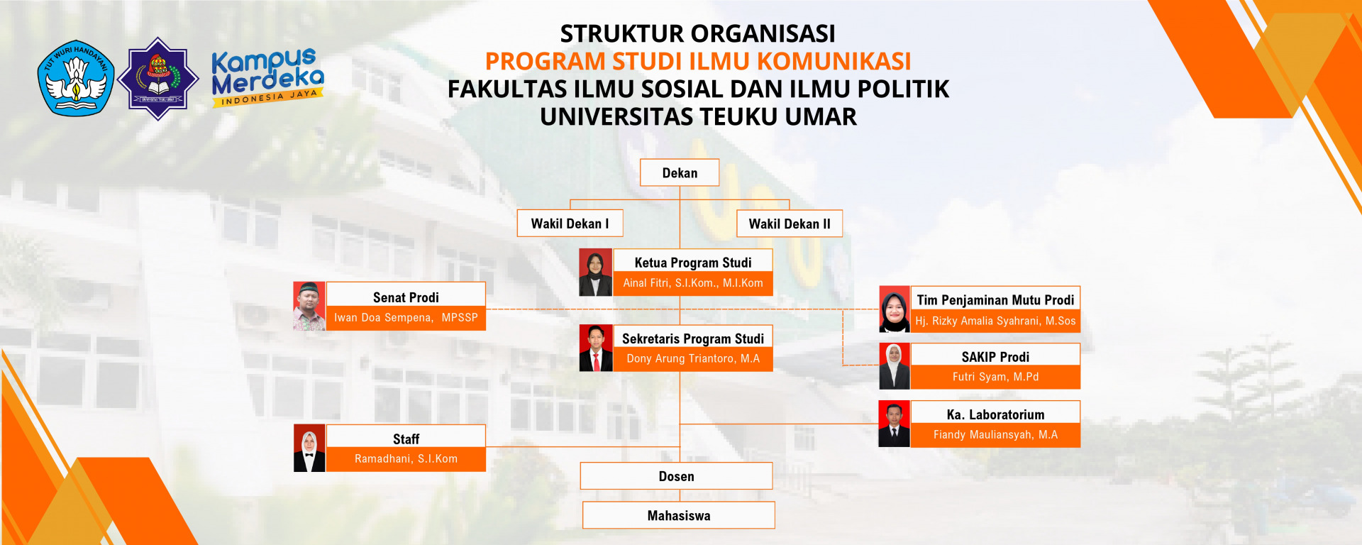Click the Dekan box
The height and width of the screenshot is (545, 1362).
click(x=680, y=172)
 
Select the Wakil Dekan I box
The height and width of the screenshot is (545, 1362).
click(x=570, y=224)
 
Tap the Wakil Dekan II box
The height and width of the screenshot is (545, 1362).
click(x=790, y=224)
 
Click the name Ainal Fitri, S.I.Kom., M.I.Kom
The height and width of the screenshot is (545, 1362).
click(x=693, y=283)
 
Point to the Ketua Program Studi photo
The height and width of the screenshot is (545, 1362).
click(x=595, y=272)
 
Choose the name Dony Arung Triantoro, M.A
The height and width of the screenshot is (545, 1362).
click(x=693, y=359)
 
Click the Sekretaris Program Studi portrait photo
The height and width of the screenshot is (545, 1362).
click(x=596, y=348)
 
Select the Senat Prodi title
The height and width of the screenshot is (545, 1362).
click(x=406, y=297)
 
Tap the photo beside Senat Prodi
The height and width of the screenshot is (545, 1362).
click(x=309, y=306)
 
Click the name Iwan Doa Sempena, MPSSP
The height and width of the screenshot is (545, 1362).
click(x=406, y=318)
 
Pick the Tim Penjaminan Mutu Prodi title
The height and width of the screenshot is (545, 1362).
click(x=995, y=300)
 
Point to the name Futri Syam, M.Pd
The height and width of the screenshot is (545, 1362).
click(x=995, y=377)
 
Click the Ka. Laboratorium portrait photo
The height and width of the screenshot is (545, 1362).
click(x=894, y=424)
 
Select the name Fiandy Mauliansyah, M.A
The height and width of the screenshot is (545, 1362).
click(x=995, y=435)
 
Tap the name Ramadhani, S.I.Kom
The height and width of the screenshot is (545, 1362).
click(x=406, y=459)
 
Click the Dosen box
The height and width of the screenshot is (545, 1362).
click(x=676, y=476)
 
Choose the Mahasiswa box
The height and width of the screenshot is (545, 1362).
click(x=679, y=515)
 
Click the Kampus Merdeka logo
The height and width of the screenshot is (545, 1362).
click(x=267, y=77)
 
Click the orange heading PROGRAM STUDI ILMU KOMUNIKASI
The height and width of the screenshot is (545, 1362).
click(x=698, y=62)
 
